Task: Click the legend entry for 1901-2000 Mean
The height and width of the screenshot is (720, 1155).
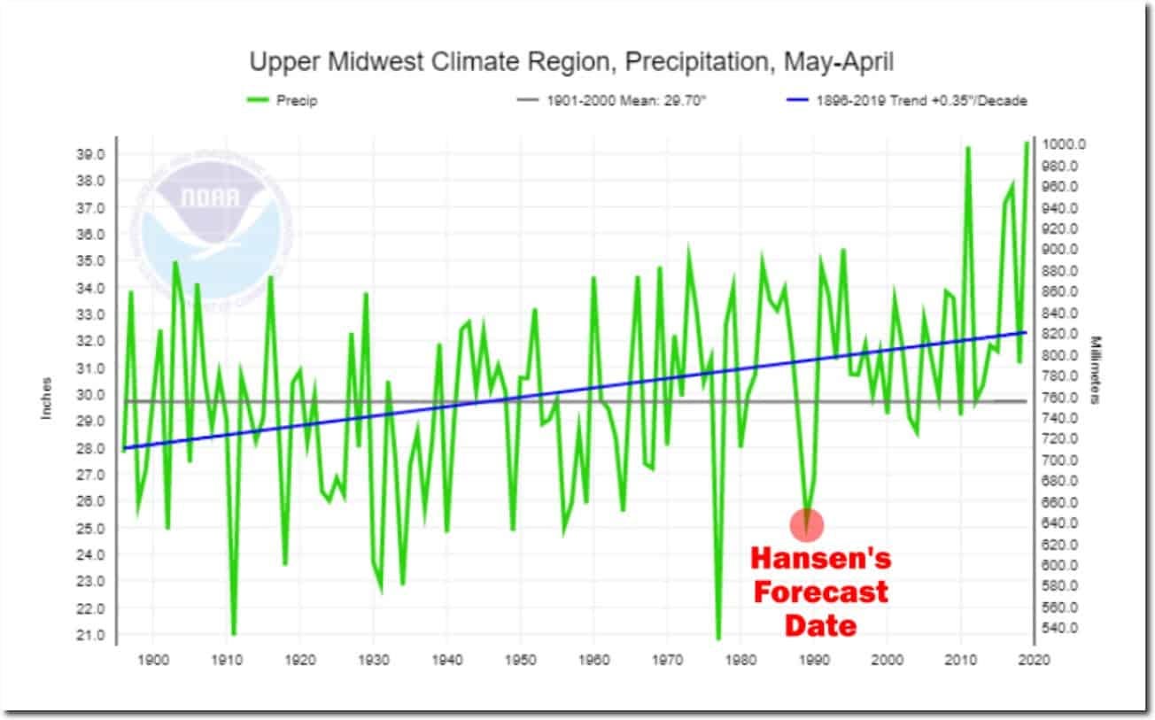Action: (611, 101)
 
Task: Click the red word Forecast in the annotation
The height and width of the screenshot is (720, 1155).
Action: (820, 592)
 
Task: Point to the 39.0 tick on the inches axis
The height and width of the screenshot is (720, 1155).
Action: (92, 154)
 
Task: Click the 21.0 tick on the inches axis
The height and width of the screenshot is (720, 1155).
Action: (92, 635)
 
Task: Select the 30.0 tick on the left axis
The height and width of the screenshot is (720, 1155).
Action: (92, 395)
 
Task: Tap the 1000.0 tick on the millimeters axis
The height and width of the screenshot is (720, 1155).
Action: (1063, 144)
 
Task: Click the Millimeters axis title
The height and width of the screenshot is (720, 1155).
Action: (1096, 369)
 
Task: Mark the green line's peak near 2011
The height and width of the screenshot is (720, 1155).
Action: (968, 148)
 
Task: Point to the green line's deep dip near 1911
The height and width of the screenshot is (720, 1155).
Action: (234, 633)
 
